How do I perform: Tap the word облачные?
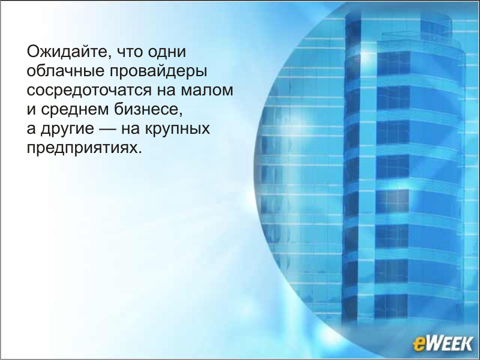(65, 71)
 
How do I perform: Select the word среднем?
(74, 110)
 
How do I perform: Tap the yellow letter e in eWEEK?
(419, 344)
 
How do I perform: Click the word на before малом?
(167, 91)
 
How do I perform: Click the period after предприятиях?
(140, 152)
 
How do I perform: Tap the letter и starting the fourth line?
(31, 110)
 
